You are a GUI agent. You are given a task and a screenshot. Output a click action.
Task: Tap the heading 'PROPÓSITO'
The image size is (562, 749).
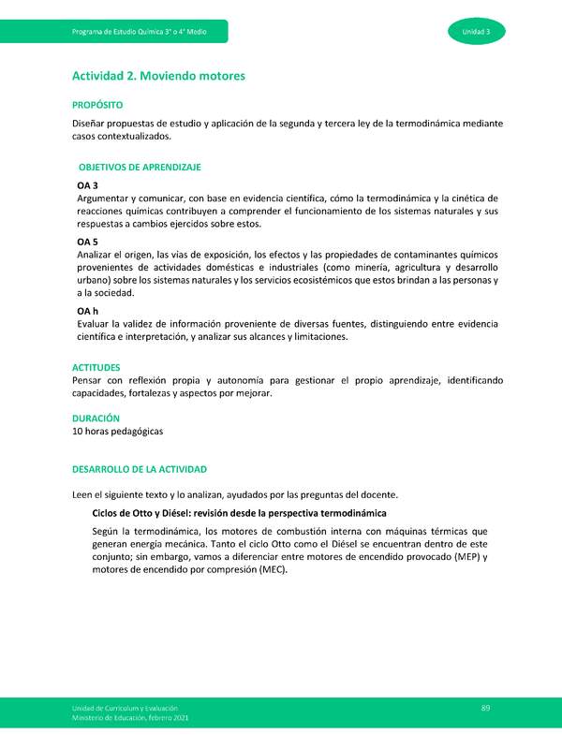(x=98, y=107)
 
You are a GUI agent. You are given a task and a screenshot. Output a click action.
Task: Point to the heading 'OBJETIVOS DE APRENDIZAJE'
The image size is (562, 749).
(x=140, y=167)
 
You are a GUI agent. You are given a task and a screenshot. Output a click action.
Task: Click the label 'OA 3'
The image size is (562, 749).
(x=88, y=185)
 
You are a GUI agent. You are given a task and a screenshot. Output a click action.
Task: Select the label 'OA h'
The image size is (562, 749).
(x=88, y=311)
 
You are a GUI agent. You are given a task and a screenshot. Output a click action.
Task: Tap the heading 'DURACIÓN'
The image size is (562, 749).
(x=96, y=418)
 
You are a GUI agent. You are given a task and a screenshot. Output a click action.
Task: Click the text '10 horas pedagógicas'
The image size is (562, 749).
(x=118, y=432)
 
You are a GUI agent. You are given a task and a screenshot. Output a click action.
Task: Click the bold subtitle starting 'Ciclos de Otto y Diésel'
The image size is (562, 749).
(x=239, y=514)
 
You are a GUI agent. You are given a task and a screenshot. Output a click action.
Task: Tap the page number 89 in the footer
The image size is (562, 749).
(x=486, y=707)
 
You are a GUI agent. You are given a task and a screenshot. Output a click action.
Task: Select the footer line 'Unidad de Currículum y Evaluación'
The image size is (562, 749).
(x=123, y=708)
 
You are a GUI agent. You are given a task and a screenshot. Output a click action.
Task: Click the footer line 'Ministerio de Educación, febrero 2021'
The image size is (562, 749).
(x=128, y=718)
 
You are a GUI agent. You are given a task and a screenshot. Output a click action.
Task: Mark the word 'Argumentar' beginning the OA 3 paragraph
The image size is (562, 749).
(x=105, y=198)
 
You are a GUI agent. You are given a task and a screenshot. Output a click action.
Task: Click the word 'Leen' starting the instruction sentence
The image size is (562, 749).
(x=83, y=494)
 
